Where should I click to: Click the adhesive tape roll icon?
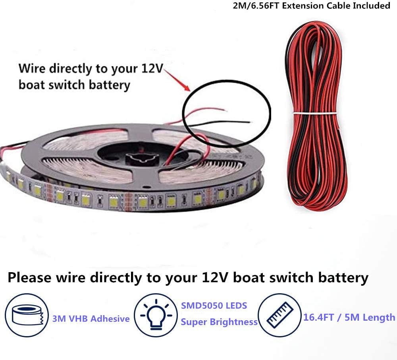(27, 315)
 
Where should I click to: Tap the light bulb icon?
(156, 315)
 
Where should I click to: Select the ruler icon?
(280, 315)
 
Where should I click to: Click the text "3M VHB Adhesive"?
(91, 318)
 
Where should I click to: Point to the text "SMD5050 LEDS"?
(214, 306)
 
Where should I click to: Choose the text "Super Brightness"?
(219, 322)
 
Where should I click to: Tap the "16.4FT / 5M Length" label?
(349, 317)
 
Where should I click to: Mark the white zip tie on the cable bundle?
(315, 113)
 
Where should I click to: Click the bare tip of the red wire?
(226, 110)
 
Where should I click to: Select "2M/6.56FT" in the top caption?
(256, 6)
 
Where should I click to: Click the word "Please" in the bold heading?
(30, 278)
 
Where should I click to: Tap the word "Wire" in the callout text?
(32, 68)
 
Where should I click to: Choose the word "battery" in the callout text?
(110, 85)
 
